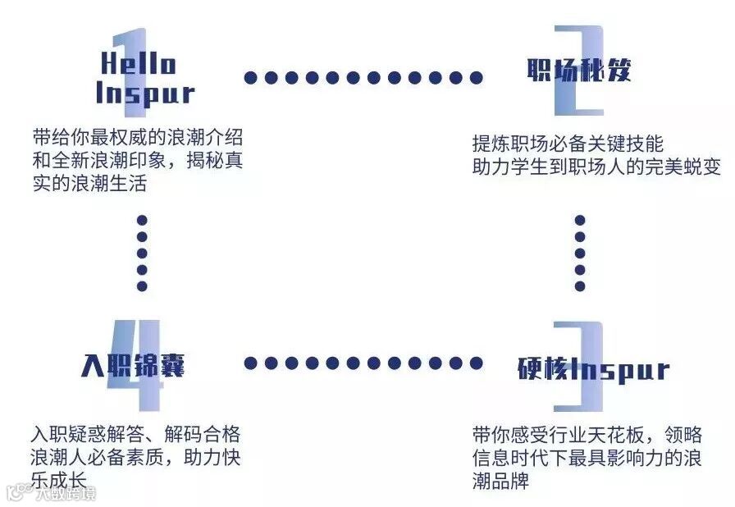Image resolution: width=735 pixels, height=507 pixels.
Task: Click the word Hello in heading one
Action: [x=139, y=63]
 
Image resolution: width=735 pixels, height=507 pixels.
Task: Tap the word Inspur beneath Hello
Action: [x=145, y=93]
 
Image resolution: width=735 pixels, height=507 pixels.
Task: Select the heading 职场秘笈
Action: [x=579, y=71]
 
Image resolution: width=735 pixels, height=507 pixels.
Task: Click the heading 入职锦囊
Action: [x=134, y=365]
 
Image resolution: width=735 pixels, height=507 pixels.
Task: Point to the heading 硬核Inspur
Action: [x=594, y=370]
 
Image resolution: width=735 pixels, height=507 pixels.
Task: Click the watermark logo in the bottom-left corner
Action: [x=51, y=493]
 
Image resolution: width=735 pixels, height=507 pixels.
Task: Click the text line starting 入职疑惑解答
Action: [x=136, y=435]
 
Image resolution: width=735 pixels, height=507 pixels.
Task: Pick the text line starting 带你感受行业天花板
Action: [x=587, y=434]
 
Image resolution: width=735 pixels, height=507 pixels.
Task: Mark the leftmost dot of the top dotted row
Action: [x=250, y=78]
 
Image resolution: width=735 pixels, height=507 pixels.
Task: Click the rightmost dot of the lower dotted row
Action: [x=477, y=363]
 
